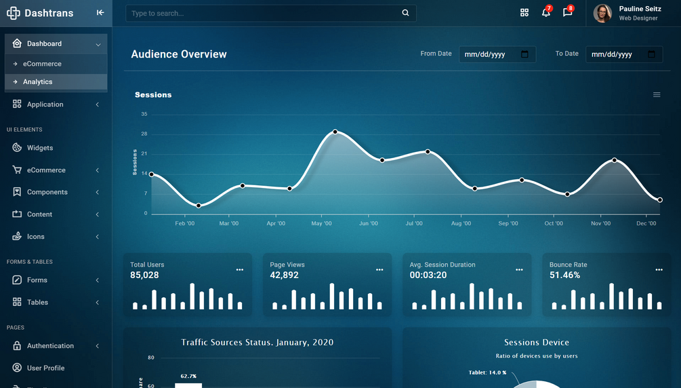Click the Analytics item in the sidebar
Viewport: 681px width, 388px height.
tap(37, 81)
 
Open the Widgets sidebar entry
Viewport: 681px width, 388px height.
tap(39, 148)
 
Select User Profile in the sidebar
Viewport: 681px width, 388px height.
tap(45, 368)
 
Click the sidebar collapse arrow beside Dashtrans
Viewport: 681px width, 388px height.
tap(100, 12)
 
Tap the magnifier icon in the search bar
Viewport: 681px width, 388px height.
tap(405, 13)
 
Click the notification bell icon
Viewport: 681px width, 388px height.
tap(545, 12)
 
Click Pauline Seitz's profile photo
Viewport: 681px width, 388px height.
tap(602, 13)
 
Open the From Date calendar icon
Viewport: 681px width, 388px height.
tap(524, 54)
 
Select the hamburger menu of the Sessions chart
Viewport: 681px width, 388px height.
tap(657, 95)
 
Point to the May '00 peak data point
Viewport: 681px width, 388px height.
tap(335, 132)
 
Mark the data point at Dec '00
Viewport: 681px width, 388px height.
tap(660, 200)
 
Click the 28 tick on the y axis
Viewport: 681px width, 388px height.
tap(144, 134)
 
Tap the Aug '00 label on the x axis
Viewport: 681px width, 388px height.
tap(461, 223)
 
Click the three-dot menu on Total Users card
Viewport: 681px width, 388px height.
tap(240, 270)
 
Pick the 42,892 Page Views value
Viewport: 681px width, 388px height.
tap(284, 275)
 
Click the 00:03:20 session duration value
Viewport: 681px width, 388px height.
tap(428, 275)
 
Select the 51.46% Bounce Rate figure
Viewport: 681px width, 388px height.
tap(564, 275)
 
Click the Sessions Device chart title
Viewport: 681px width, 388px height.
tap(536, 343)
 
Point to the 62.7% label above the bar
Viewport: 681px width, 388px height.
tap(188, 376)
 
